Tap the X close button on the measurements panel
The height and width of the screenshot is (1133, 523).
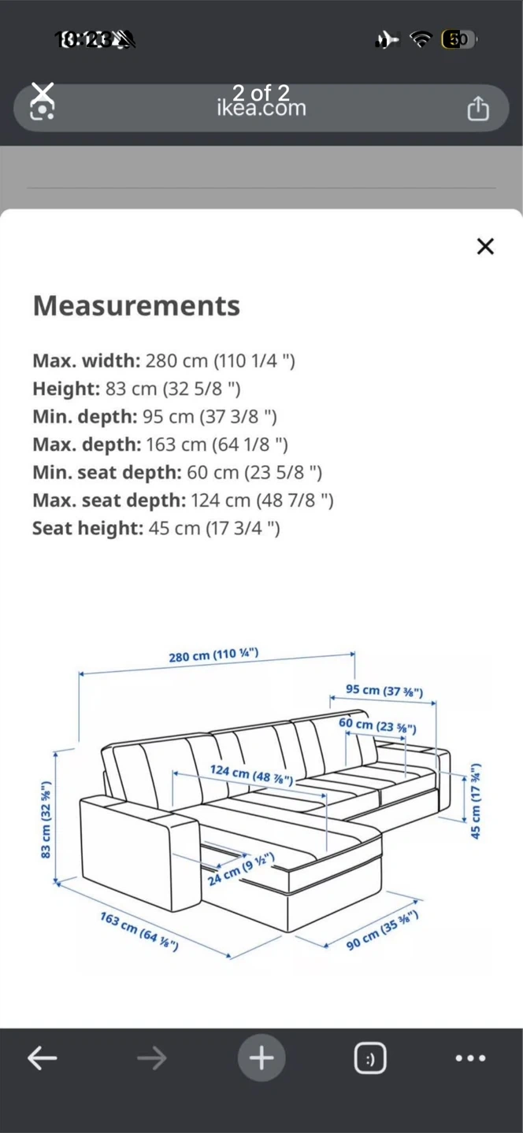pyautogui.click(x=485, y=246)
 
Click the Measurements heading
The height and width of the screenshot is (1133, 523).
pyautogui.click(x=136, y=305)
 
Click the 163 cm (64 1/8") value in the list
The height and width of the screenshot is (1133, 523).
pyautogui.click(x=217, y=445)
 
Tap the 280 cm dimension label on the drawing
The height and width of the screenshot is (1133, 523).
pyautogui.click(x=213, y=655)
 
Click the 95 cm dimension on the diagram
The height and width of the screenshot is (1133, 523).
pyautogui.click(x=384, y=691)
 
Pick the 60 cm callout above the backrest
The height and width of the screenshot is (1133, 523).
pyautogui.click(x=377, y=725)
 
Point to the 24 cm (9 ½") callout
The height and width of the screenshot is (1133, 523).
pyautogui.click(x=241, y=868)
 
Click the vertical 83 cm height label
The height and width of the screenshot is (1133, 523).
pyautogui.click(x=46, y=819)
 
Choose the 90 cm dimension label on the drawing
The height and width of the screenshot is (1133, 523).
pyautogui.click(x=382, y=930)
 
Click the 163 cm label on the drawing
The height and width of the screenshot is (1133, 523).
pyautogui.click(x=139, y=931)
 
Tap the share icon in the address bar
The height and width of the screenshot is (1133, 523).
pyautogui.click(x=478, y=108)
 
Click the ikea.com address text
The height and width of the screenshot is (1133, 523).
pyautogui.click(x=261, y=108)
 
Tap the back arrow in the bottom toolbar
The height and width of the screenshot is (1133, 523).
pyautogui.click(x=43, y=1058)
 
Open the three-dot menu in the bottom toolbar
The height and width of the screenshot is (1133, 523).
pyautogui.click(x=470, y=1058)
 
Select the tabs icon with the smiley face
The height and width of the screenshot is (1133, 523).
pyautogui.click(x=369, y=1058)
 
